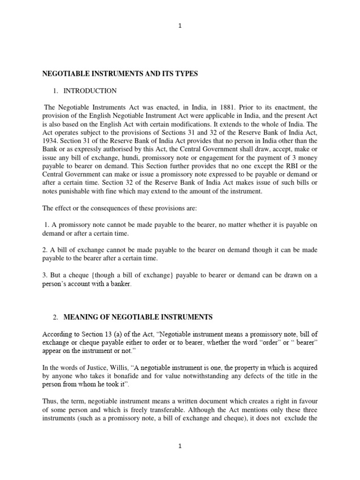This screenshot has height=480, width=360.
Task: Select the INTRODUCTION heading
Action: point(90,90)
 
